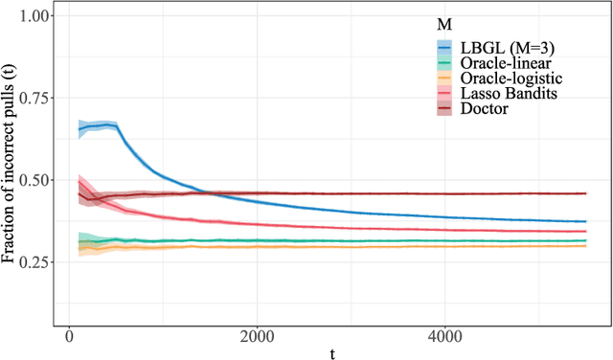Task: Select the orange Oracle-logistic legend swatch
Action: click(x=443, y=79)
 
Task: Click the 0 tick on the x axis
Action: click(x=68, y=338)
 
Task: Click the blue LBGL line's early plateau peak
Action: click(x=105, y=124)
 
